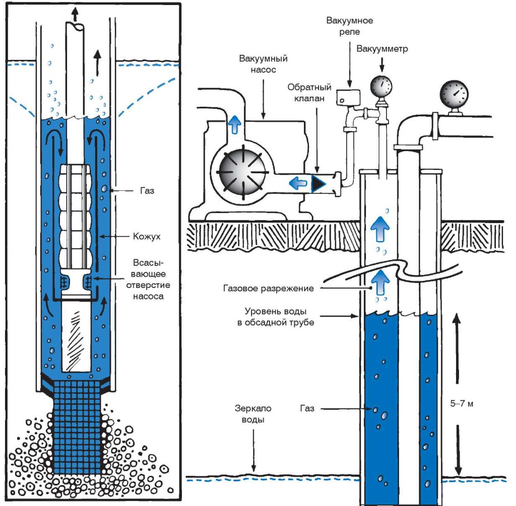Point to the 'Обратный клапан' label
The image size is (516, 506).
click(309, 92)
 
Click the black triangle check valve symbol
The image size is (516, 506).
click(318, 183)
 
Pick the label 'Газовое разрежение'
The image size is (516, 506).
click(268, 289)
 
